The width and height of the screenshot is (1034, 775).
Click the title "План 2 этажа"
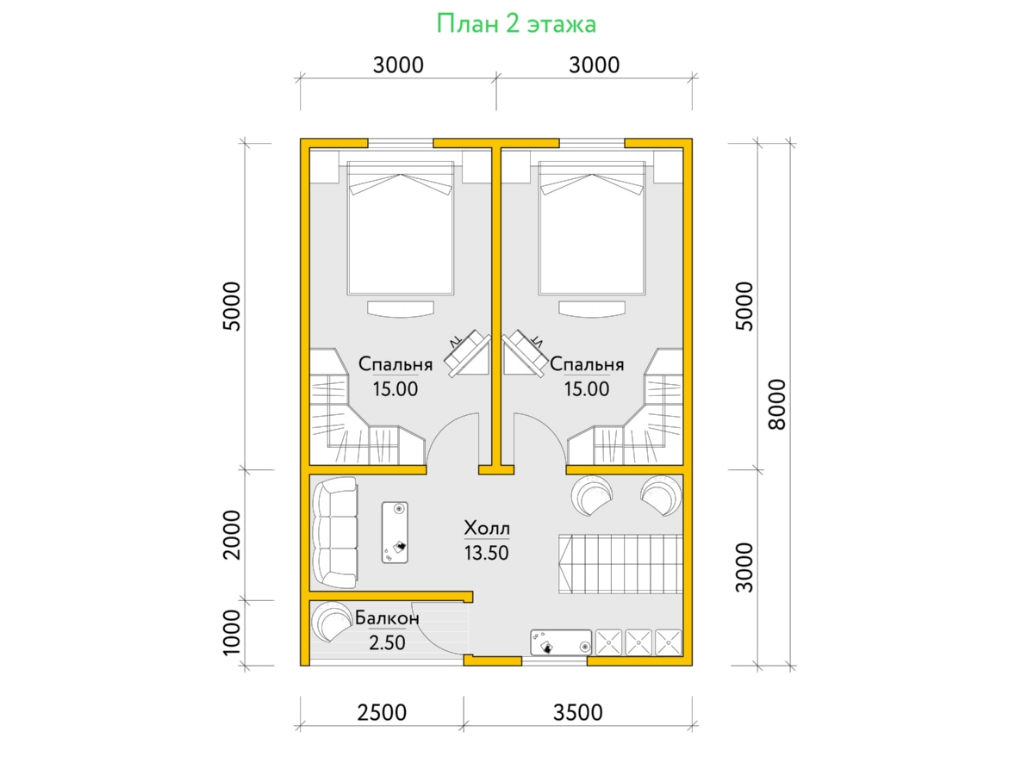516,24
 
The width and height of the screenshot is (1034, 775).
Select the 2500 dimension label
382,712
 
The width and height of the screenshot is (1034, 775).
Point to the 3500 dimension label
577,712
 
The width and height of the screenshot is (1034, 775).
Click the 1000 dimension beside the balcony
231,632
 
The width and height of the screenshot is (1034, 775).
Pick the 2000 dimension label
231,535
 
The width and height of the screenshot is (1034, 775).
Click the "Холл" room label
487,528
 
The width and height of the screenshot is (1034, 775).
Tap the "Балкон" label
387,617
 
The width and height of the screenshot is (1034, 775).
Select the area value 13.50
487,553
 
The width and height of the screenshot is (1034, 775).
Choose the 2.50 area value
387,642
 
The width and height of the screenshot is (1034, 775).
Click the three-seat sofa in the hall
334,533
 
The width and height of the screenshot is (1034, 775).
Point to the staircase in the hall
620,564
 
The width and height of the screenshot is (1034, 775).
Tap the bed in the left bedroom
401,227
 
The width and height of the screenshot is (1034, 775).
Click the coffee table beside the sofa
395,532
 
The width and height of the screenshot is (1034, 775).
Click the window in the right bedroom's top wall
592,143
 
